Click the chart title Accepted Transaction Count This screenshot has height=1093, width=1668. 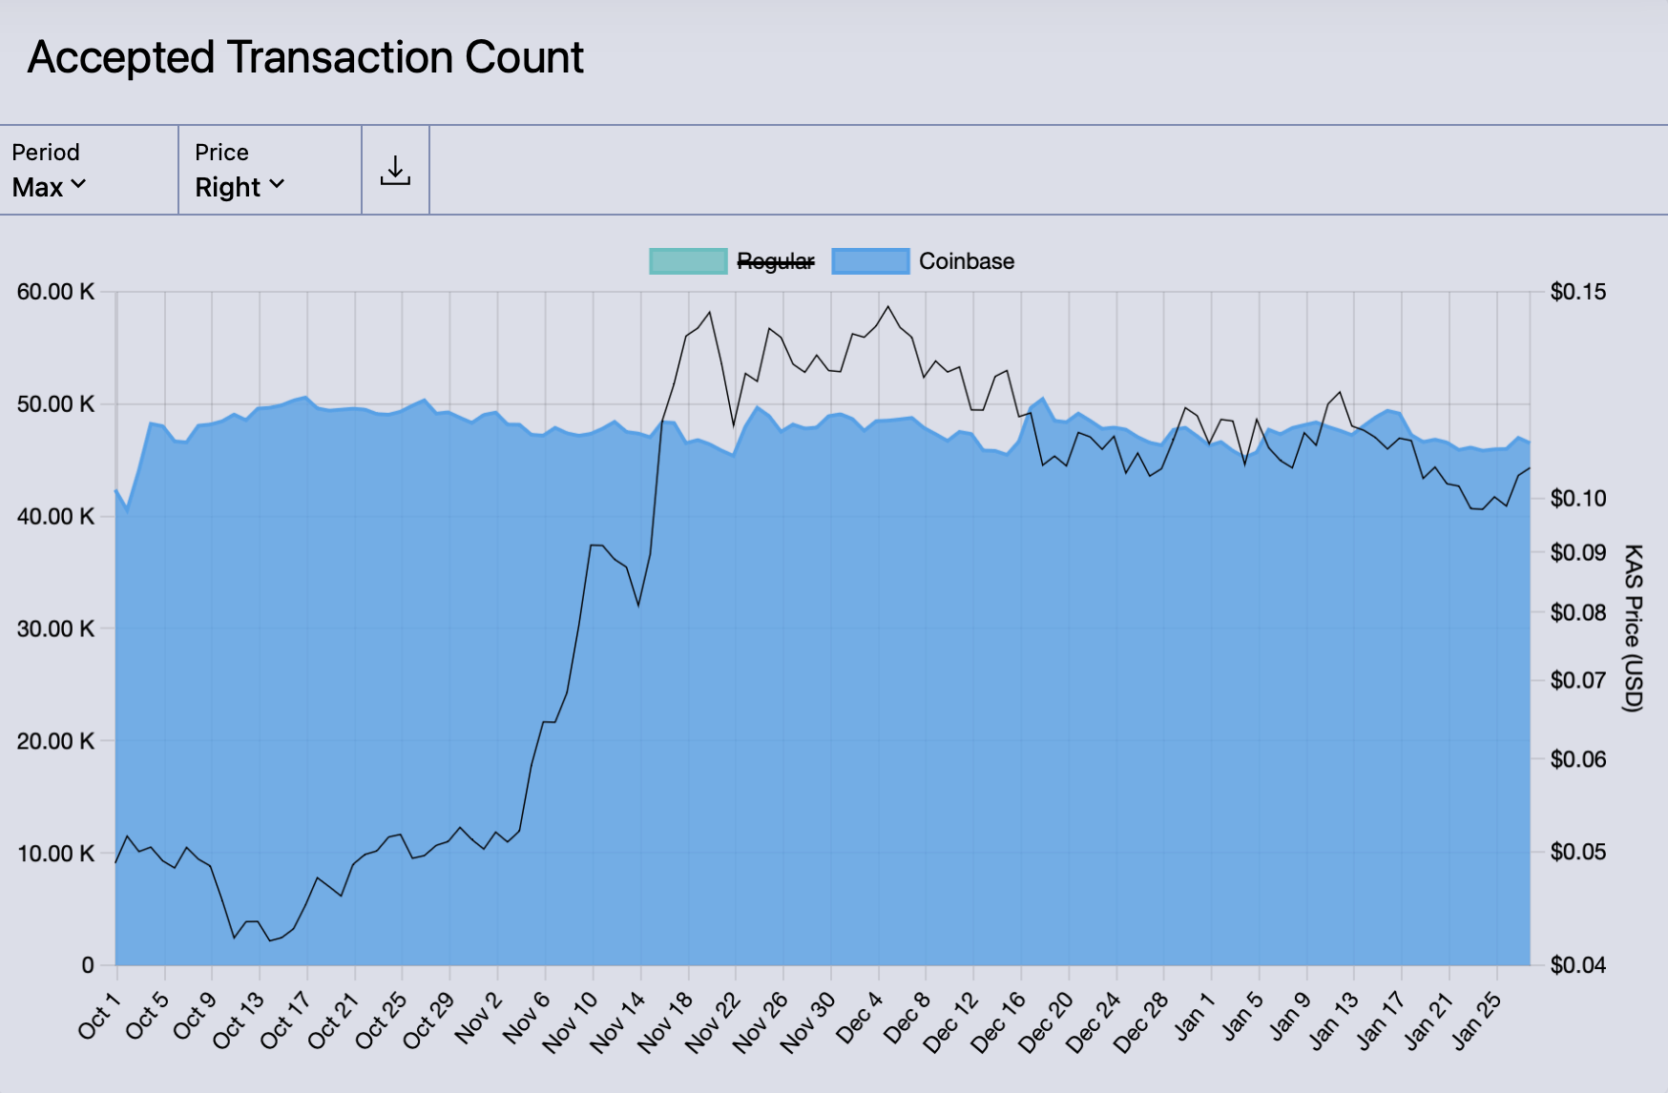pyautogui.click(x=305, y=58)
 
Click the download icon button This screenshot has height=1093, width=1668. pyautogui.click(x=395, y=171)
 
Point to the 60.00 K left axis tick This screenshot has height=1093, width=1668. pyautogui.click(x=55, y=292)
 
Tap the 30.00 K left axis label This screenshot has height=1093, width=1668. pyautogui.click(x=55, y=629)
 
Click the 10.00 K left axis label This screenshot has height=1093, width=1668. pyautogui.click(x=55, y=854)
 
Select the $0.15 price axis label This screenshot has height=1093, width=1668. pyautogui.click(x=1577, y=292)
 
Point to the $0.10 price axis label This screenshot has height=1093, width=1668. pyautogui.click(x=1577, y=498)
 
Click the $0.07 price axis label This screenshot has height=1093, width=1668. pyautogui.click(x=1577, y=680)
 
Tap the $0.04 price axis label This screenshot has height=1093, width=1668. pyautogui.click(x=1577, y=965)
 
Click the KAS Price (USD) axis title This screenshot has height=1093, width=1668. pyautogui.click(x=1633, y=628)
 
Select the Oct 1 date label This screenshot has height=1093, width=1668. pyautogui.click(x=99, y=1016)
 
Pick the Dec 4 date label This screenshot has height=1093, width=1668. pyautogui.click(x=859, y=1018)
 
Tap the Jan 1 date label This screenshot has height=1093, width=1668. pyautogui.click(x=1194, y=1016)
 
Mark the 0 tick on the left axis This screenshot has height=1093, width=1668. pyautogui.click(x=88, y=965)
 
